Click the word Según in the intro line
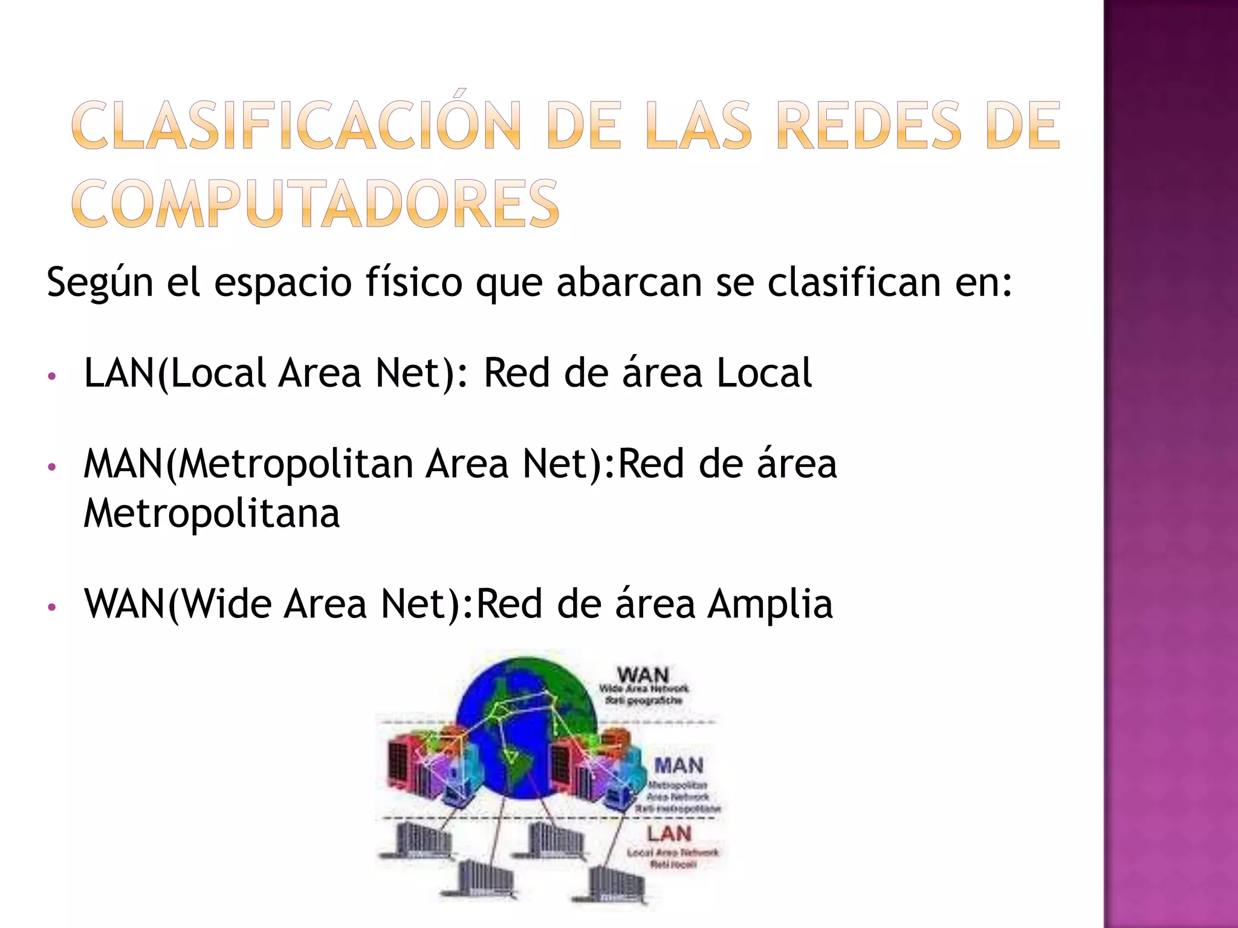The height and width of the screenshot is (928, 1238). (100, 282)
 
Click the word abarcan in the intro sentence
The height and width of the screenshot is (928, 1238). (629, 282)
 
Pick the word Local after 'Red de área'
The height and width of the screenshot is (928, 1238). (763, 373)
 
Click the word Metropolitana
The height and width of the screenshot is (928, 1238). (212, 514)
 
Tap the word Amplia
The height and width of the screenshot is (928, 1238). (770, 604)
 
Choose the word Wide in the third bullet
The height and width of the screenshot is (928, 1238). (227, 604)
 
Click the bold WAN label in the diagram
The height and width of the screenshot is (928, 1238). (643, 675)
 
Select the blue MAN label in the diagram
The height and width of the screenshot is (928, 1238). (678, 765)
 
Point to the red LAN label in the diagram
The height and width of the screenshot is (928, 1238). (669, 834)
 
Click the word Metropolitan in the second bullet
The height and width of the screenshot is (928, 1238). (296, 464)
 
